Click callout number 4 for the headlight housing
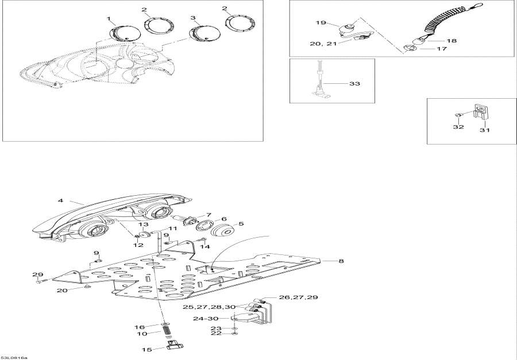point(60,201)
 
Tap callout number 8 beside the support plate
point(341,261)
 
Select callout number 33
point(354,84)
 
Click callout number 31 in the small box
point(485,130)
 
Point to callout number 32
point(457,127)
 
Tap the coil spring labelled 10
point(166,332)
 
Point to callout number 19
point(321,22)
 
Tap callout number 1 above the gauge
point(109,19)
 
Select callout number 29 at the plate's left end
point(37,275)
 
